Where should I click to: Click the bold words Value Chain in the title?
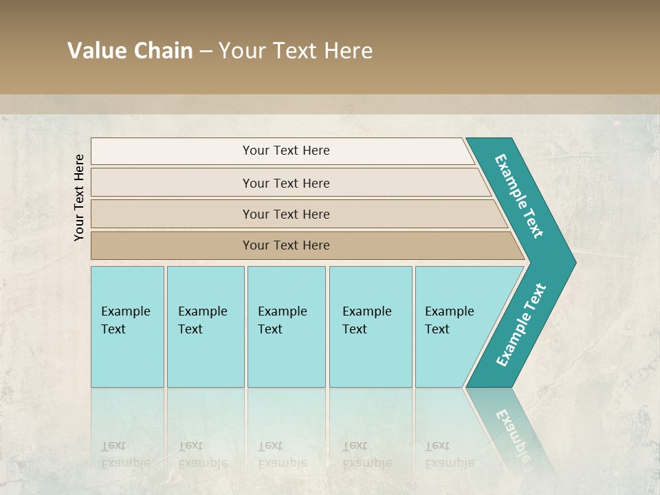tap(130, 51)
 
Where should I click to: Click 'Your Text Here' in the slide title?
tap(296, 51)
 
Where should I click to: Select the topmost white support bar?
tap(172, 151)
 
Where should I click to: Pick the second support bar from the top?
tap(172, 183)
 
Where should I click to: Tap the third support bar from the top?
tap(172, 214)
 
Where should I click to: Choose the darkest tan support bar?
tap(172, 245)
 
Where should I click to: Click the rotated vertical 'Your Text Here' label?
tap(79, 197)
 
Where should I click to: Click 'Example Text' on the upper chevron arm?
tap(519, 196)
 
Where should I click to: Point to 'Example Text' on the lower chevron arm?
tap(520, 325)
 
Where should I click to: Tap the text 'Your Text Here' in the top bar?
tap(286, 151)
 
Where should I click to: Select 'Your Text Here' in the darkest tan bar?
tap(286, 245)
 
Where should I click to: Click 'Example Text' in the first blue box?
tap(125, 320)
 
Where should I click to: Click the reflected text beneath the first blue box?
tap(125, 454)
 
